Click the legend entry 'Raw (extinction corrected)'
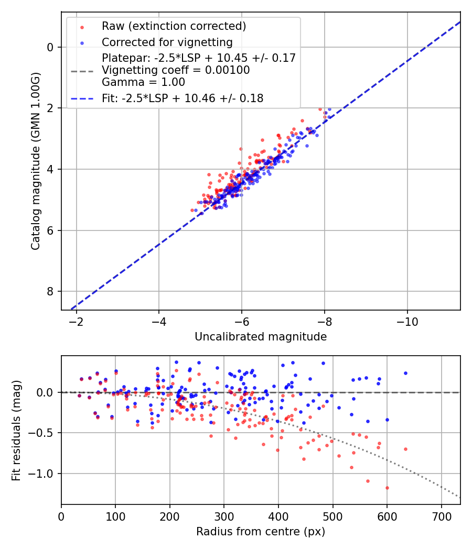[174, 26]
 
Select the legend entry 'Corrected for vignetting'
[167, 42]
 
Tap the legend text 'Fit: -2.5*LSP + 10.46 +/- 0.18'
[183, 98]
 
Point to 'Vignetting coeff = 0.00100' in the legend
[176, 70]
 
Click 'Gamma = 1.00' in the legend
[143, 82]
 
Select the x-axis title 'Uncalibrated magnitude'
[261, 336]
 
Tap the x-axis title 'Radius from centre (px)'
[261, 532]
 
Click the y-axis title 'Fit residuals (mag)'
[17, 430]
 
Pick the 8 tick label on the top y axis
[50, 291]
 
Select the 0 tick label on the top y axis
[50, 47]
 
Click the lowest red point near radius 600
[387, 488]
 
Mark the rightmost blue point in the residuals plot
[405, 373]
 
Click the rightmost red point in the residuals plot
[405, 449]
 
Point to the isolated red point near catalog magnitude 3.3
[241, 149]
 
